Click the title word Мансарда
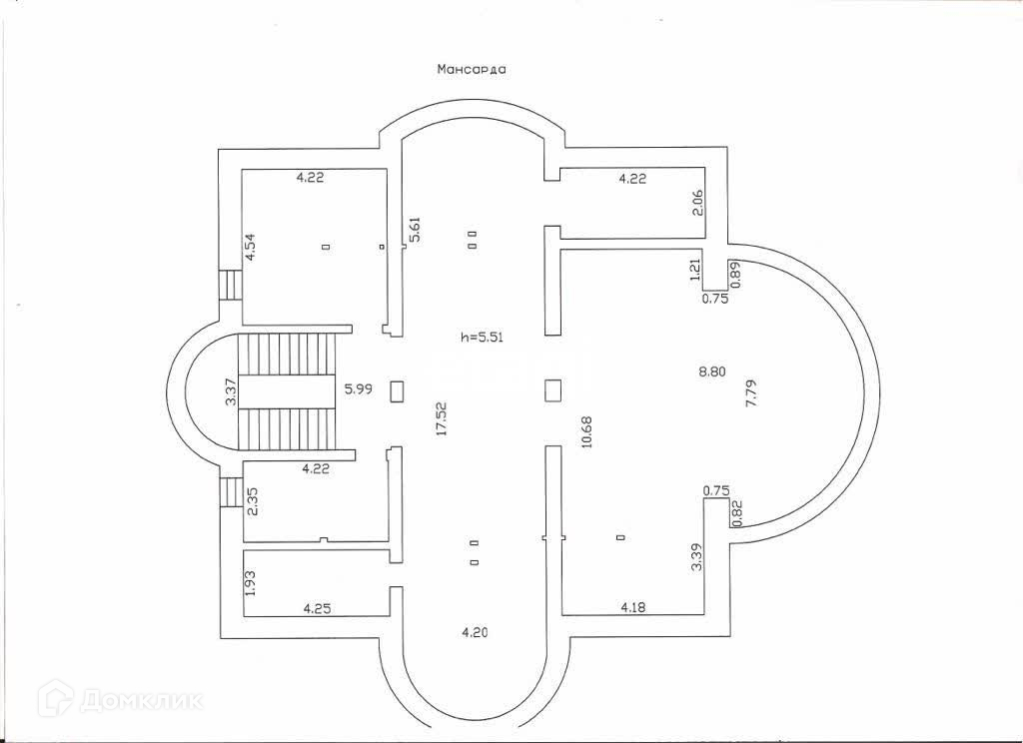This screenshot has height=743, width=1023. [472, 70]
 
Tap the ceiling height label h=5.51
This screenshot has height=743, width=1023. [482, 337]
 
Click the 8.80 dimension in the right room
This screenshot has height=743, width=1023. [711, 371]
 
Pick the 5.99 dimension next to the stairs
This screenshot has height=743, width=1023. [358, 389]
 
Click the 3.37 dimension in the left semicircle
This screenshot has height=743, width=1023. [231, 390]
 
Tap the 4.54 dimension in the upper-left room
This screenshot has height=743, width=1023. [251, 246]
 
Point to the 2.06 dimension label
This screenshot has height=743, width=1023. [699, 203]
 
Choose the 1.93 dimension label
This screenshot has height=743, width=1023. [251, 583]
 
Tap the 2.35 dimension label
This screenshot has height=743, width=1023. [253, 500]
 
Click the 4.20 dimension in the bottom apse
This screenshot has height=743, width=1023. [474, 631]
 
